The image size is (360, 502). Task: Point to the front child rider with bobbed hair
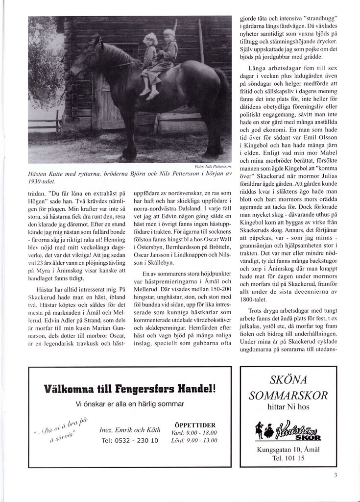[149, 59]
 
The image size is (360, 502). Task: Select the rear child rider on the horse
[168, 54]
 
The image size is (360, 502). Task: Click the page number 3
[336, 475]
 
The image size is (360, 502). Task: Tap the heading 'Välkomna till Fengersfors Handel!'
[130, 389]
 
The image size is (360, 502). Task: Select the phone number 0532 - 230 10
[129, 440]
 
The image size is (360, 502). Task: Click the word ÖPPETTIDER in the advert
[194, 425]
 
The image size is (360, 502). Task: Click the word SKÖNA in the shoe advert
[288, 380]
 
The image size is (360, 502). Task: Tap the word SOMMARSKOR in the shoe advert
[288, 395]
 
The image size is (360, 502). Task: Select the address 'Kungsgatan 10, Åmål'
[288, 450]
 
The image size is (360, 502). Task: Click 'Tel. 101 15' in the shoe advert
[288, 458]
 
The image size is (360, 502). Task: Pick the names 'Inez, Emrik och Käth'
[129, 430]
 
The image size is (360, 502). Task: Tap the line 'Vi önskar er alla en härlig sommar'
[130, 404]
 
